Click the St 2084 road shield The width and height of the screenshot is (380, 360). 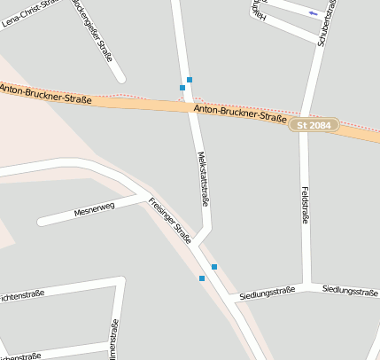click(314, 126)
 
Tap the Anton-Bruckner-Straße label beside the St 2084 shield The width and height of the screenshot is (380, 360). click(238, 113)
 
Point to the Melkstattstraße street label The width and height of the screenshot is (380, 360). click(204, 179)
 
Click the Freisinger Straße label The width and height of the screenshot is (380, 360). click(171, 220)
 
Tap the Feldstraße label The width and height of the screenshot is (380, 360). click(305, 205)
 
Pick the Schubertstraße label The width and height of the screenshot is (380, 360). click(324, 21)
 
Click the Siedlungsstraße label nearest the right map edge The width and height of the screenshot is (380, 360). click(351, 290)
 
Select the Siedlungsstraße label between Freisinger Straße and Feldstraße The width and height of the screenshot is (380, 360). click(267, 291)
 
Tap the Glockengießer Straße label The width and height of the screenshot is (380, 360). click(97, 27)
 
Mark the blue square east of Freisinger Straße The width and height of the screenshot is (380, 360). click(213, 267)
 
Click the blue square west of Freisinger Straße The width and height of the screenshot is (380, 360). click(202, 278)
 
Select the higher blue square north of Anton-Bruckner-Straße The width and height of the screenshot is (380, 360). click(190, 80)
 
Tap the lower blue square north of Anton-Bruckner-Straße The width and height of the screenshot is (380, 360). click(182, 87)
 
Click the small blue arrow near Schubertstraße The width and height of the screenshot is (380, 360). click(314, 13)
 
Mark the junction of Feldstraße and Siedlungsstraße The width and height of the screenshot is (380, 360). click(306, 286)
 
